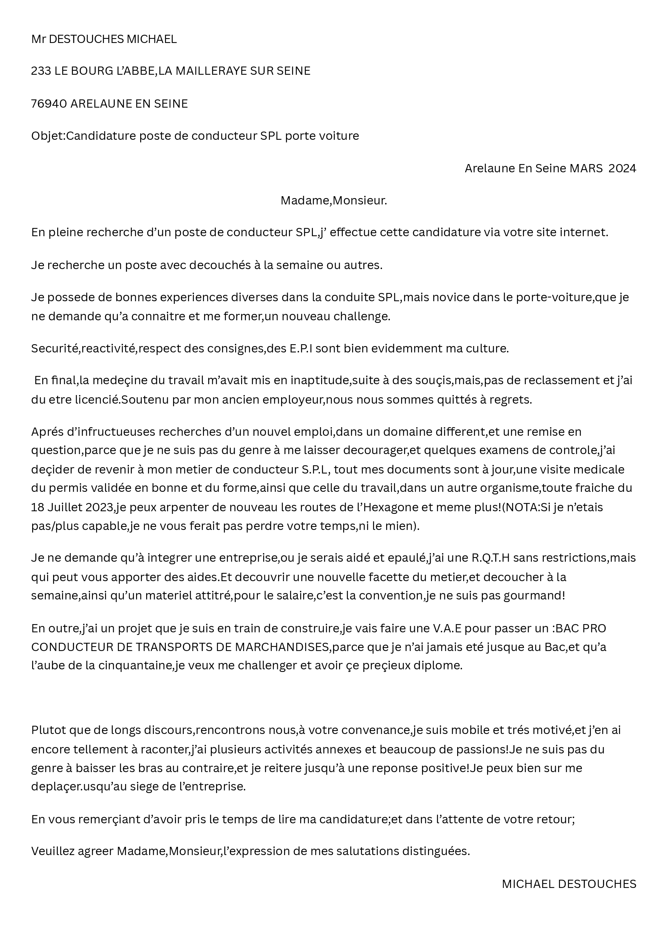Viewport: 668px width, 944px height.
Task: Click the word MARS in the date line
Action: [x=586, y=169]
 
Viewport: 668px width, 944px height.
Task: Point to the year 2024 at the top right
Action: [x=622, y=169]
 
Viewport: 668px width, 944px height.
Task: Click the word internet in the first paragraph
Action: [x=585, y=233]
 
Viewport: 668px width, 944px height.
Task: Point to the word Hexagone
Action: [x=385, y=508]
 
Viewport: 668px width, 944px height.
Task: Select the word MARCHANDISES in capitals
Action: [x=282, y=647]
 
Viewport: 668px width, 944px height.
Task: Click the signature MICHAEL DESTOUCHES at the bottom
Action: [x=569, y=884]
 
